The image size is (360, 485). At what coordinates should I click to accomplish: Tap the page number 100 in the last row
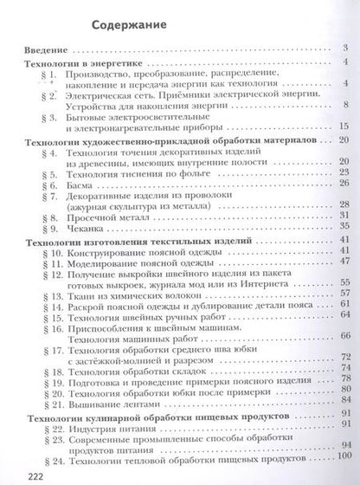pyautogui.click(x=344, y=455)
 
